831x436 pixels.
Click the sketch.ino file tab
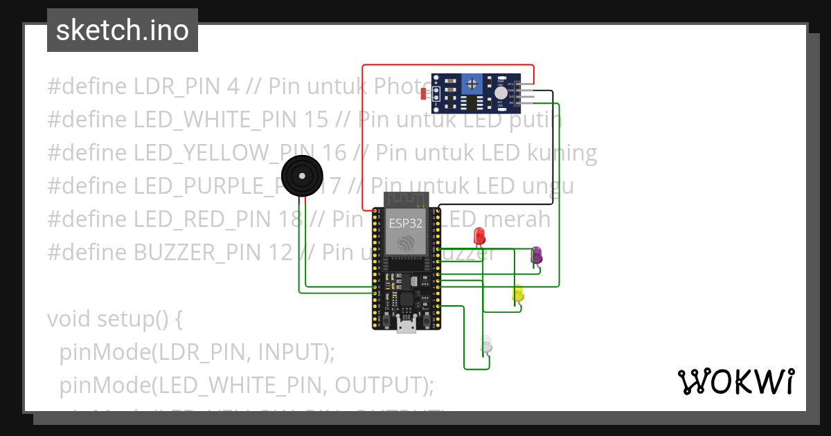pos(122,30)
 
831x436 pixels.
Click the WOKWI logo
pos(735,381)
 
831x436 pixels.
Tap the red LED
pos(479,235)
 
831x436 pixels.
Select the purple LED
pos(536,255)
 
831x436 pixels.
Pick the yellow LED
pos(518,293)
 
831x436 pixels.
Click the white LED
pos(487,343)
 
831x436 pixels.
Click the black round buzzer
pos(302,174)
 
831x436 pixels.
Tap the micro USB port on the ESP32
pos(406,325)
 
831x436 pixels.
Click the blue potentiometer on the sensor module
pos(472,84)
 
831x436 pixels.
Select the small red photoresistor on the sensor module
pos(424,93)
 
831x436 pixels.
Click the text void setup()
pos(114,319)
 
